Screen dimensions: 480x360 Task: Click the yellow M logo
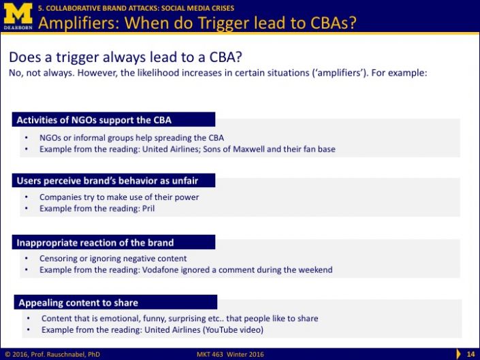18,14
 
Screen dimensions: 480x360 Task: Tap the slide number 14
470,354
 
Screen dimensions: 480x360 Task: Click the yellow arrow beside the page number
458,354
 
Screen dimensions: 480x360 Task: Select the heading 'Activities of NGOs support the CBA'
94,120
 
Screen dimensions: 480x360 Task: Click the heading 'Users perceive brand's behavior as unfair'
108,181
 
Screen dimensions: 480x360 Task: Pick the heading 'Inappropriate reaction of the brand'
95,242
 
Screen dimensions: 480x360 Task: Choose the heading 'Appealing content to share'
78,303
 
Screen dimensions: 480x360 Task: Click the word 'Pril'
148,208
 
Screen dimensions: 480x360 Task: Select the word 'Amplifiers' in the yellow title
79,22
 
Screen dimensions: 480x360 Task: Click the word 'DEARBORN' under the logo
18,27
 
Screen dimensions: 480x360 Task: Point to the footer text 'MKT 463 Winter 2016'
230,354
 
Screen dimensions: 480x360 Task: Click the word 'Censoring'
59,259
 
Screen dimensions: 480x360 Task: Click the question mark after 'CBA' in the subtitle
238,57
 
